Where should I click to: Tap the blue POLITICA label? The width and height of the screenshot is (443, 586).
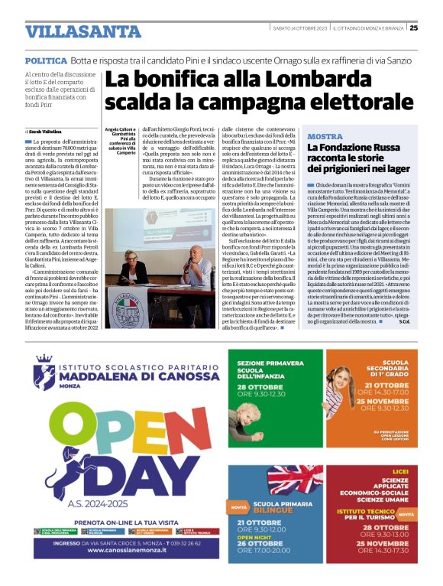coord(45,60)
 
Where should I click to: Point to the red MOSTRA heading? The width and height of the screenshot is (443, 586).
coord(324,136)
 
